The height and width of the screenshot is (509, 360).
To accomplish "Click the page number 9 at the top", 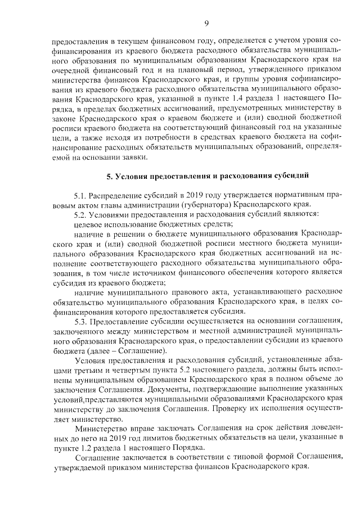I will point(206,22).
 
